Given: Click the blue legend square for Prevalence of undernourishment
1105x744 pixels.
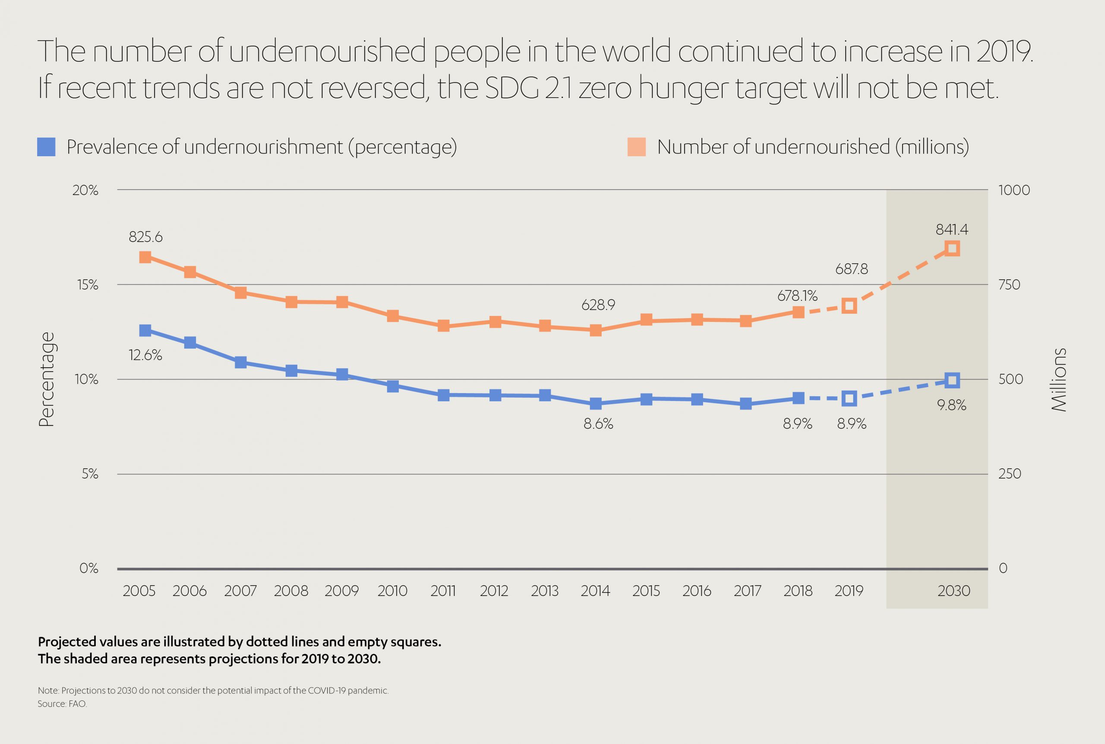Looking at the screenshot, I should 46,147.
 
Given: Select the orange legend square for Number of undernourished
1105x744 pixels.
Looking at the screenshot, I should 636,147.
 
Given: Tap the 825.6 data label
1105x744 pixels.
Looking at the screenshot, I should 145,237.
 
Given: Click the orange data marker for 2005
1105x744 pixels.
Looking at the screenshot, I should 145,257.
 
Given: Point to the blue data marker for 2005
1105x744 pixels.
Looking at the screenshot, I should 145,331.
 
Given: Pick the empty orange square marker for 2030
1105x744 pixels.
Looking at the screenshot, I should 952,249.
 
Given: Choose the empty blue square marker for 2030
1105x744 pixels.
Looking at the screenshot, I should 952,380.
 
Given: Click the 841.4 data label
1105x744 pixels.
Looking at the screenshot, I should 952,230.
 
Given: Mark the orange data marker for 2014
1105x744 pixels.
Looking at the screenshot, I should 596,330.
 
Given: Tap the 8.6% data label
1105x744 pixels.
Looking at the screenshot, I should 598,424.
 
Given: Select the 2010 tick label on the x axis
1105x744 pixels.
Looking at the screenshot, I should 392,591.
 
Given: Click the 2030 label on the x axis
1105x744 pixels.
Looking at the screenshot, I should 953,591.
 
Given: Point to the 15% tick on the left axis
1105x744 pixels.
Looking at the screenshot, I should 86,285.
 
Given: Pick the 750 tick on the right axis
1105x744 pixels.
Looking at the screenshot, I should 1010,285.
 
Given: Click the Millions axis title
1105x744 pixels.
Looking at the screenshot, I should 1059,380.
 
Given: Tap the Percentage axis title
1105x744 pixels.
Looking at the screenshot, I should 47,380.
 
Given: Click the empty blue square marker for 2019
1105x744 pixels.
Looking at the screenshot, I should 849,399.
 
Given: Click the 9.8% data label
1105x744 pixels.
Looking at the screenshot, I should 952,405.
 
